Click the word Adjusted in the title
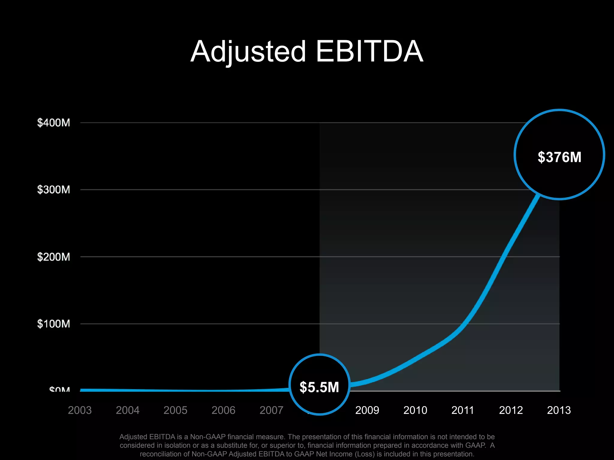click(248, 52)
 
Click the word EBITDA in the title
click(369, 52)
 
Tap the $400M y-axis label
click(53, 123)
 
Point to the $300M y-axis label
click(53, 190)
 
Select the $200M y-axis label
click(53, 257)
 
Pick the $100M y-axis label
click(53, 324)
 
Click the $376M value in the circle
click(559, 157)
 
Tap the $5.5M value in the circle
click(319, 387)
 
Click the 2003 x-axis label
click(80, 410)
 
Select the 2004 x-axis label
click(128, 410)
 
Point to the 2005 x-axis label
click(175, 410)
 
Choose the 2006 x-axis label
click(223, 410)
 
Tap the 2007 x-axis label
click(271, 410)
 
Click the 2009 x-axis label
click(367, 410)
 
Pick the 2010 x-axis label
click(415, 410)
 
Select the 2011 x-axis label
click(463, 410)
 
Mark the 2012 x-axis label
click(511, 410)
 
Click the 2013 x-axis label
click(559, 410)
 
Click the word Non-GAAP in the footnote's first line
click(208, 437)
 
